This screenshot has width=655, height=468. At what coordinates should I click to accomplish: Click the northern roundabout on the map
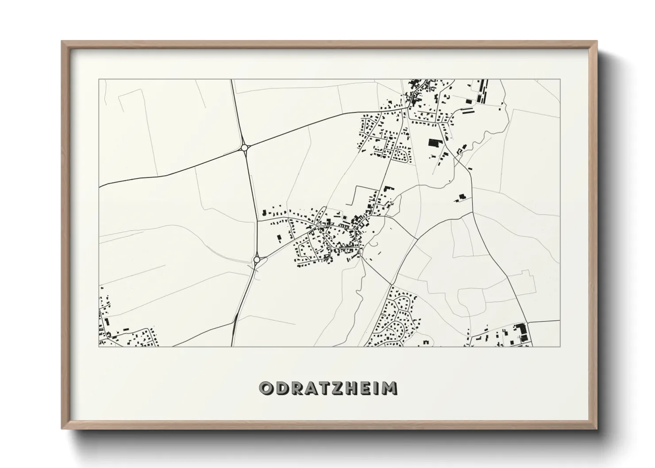coord(244,147)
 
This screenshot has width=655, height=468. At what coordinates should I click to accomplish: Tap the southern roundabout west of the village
coord(257,260)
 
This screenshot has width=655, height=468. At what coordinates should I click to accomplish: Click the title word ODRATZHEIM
coord(328,388)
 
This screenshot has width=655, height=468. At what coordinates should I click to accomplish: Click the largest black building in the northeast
coord(435,143)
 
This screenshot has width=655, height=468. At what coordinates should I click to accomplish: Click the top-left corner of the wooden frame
coord(62,42)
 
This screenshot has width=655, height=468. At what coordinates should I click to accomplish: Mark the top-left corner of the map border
coord(99,80)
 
